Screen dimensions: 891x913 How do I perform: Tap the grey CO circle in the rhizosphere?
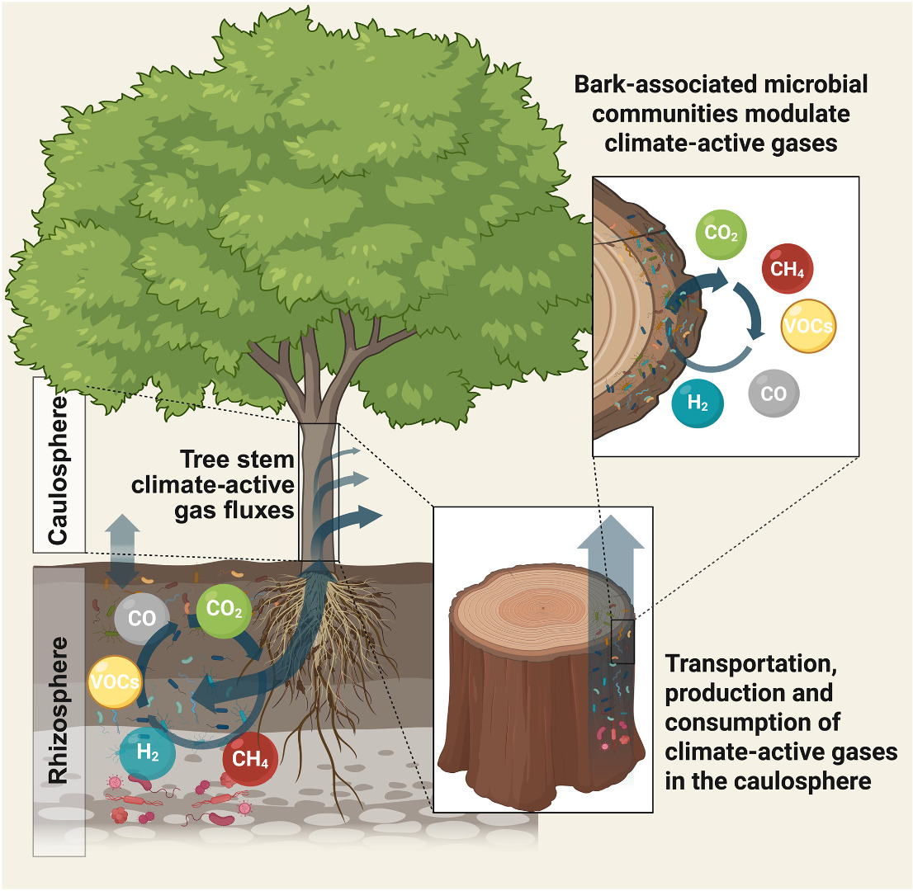pos(142,618)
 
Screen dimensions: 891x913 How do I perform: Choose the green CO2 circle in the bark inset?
pos(721,234)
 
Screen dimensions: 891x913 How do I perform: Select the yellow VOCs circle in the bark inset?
pos(808,325)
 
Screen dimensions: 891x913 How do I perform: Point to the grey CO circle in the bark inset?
pos(773,394)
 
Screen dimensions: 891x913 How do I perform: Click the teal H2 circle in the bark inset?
pos(697,402)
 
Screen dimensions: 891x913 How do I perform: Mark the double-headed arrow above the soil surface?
pos(123,547)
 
